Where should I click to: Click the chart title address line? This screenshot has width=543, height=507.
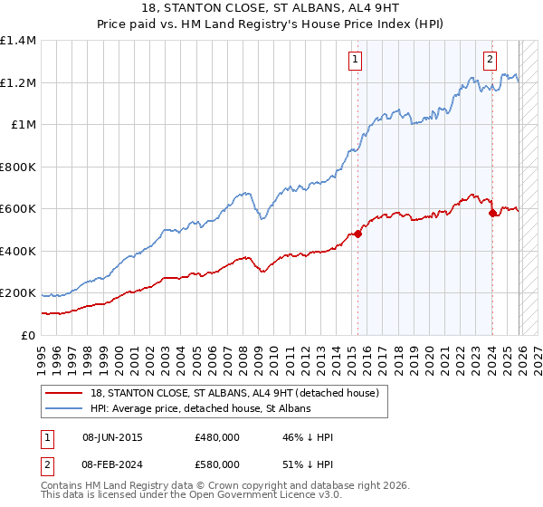coord(271,7)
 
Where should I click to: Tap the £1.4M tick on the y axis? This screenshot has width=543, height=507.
coord(18,41)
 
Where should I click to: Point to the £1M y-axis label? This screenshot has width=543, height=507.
coord(23,125)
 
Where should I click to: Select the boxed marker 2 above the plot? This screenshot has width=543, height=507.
coord(490,61)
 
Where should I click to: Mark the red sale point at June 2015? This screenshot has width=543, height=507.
coord(357,234)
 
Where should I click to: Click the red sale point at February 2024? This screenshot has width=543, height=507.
coord(492,213)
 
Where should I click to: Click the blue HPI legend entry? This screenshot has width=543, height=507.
coord(200,409)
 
